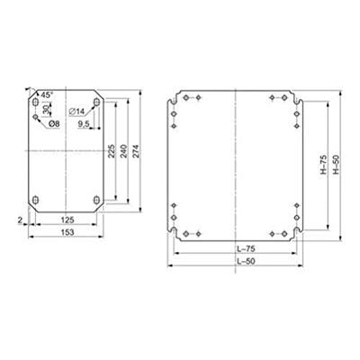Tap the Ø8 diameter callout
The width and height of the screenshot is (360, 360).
(54, 122)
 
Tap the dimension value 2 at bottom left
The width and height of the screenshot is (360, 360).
(19, 217)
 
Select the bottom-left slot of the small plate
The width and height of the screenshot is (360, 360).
(35, 199)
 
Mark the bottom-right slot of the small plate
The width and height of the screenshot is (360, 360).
(95, 199)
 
